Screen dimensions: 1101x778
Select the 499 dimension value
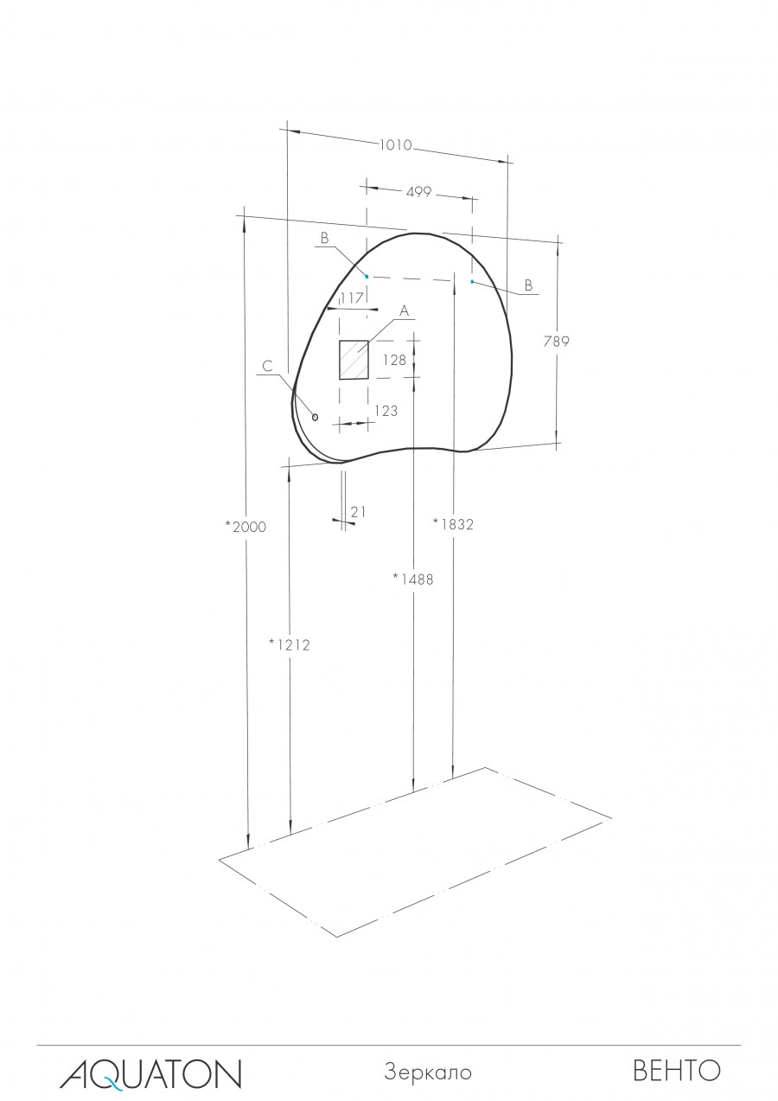click(418, 192)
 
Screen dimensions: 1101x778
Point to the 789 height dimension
click(556, 341)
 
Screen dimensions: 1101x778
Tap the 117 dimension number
click(351, 298)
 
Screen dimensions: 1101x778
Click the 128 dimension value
click(393, 360)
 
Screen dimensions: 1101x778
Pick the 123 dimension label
click(386, 412)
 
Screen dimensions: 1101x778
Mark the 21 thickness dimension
click(359, 512)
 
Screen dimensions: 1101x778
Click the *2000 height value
click(245, 527)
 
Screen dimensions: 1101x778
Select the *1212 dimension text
click(289, 643)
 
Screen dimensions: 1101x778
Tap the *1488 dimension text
click(412, 579)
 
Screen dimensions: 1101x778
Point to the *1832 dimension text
click(454, 523)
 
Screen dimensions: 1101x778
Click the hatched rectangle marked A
click(354, 360)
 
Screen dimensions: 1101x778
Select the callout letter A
click(403, 310)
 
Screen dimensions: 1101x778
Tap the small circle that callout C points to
click(315, 417)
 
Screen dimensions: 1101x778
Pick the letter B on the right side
click(528, 285)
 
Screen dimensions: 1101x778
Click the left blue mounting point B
click(367, 276)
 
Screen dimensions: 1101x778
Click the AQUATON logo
click(150, 1072)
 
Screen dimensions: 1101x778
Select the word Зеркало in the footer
click(428, 1072)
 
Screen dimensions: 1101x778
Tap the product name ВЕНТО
click(677, 1072)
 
